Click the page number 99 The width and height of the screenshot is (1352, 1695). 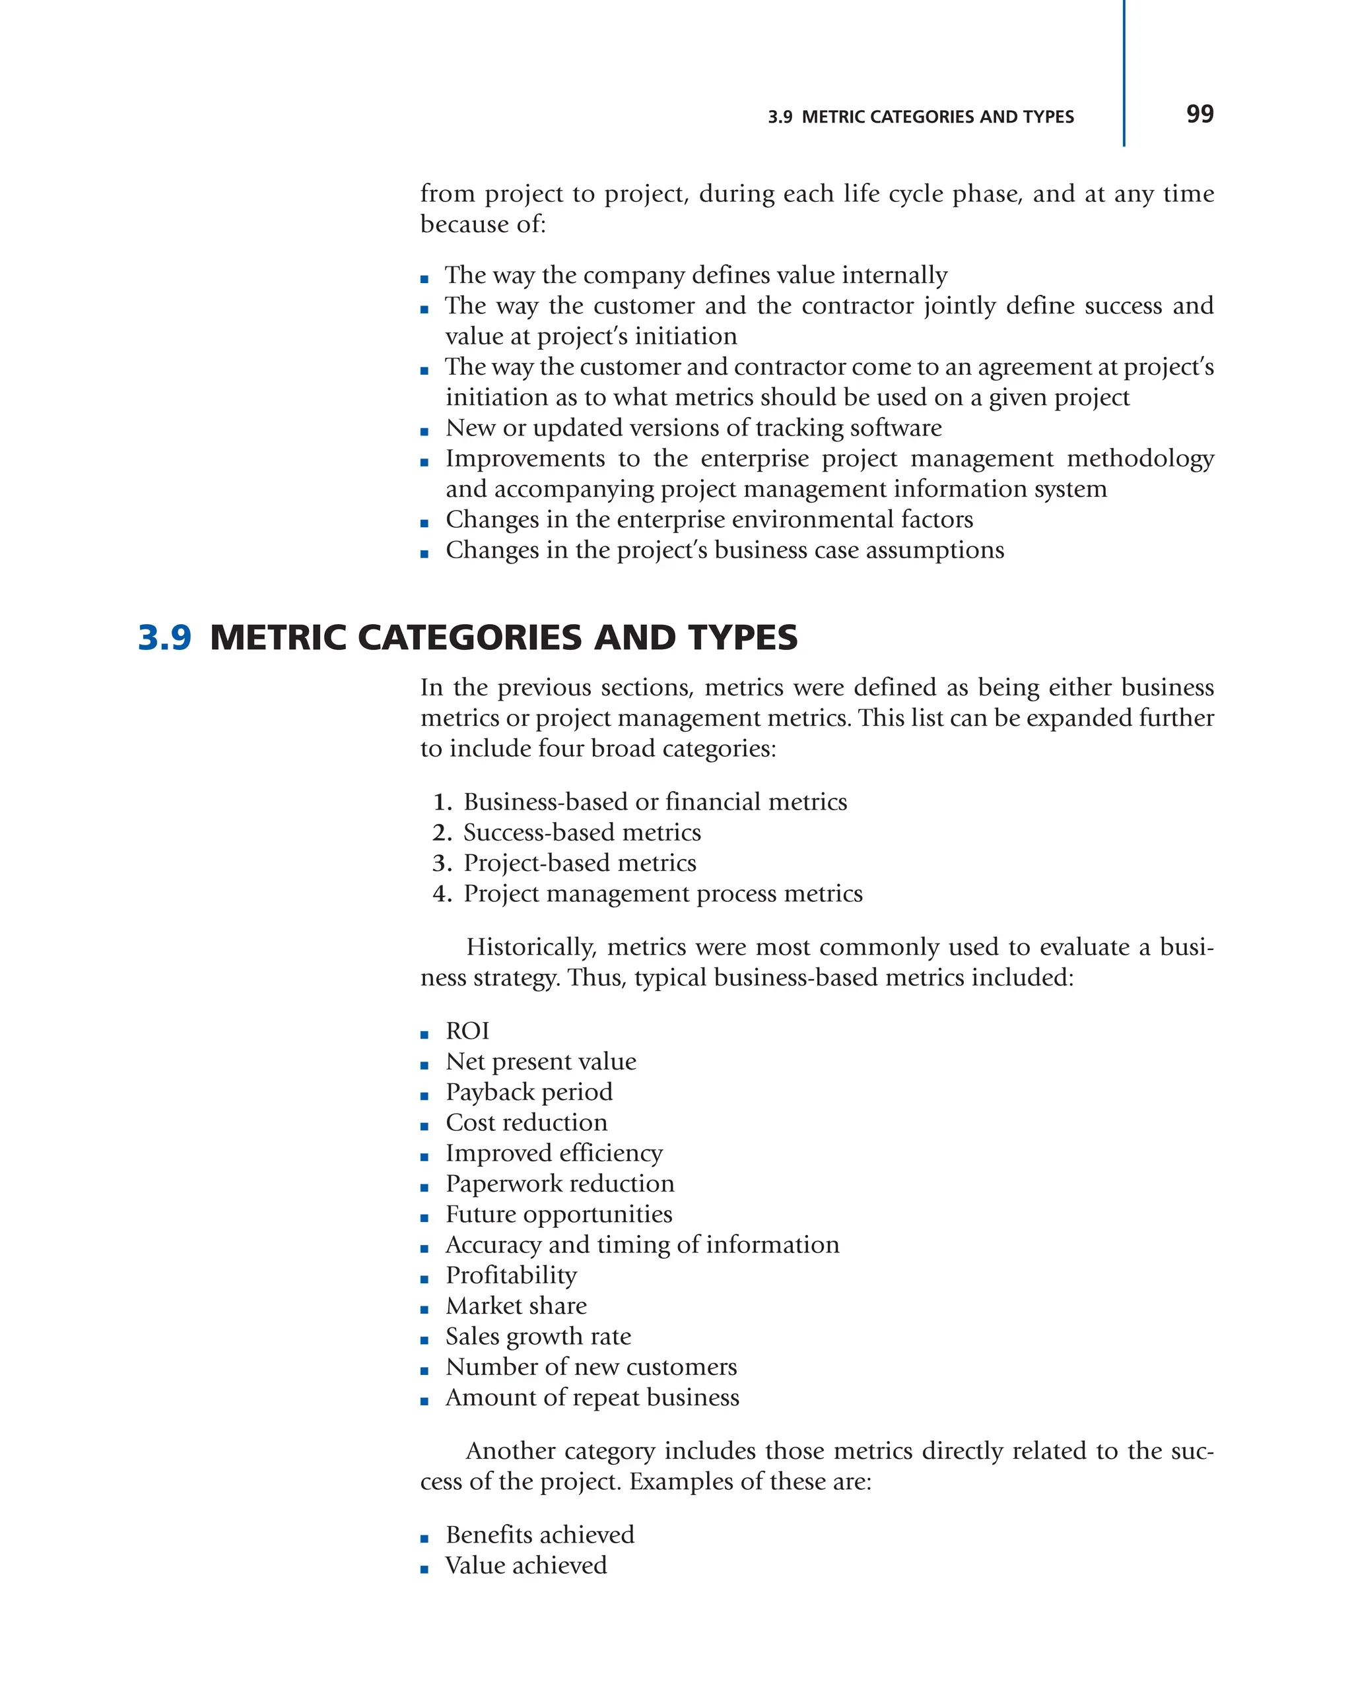coord(1199,115)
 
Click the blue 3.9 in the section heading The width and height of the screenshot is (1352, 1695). coord(164,637)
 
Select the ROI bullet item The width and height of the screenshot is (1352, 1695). coord(467,1031)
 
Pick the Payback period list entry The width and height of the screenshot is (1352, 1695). coord(529,1092)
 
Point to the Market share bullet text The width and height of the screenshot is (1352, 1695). coord(516,1306)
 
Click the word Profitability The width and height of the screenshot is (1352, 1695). coord(511,1275)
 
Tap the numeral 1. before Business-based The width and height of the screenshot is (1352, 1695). coord(442,802)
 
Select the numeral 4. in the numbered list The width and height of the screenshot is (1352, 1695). coord(442,894)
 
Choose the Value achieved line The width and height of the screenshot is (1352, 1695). coord(525,1565)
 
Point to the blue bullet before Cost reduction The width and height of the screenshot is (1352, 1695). coord(424,1126)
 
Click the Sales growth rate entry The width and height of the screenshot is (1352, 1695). coord(538,1337)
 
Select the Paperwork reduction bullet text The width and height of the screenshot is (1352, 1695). coord(559,1184)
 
